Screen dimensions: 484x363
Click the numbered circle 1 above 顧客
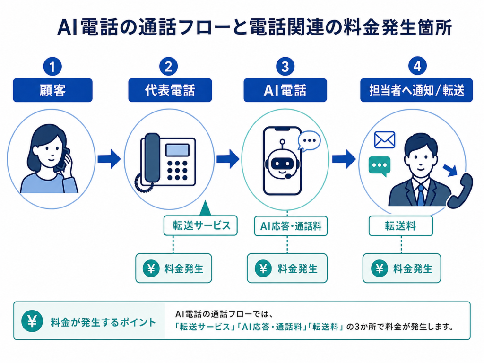tap(52, 66)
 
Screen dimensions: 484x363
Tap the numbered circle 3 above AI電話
tap(285, 66)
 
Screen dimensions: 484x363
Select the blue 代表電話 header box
tap(170, 90)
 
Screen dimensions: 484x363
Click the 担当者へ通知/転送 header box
tap(416, 90)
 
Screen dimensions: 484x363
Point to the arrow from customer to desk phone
tap(109, 159)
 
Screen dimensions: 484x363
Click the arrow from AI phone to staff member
tap(344, 159)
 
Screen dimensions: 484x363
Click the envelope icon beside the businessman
tap(384, 140)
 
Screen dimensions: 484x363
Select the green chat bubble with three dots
tap(380, 166)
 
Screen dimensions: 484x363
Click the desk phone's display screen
tap(177, 150)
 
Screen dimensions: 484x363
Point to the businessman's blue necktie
tap(421, 195)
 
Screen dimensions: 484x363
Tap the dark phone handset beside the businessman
tap(460, 191)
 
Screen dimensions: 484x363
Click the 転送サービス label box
tap(200, 225)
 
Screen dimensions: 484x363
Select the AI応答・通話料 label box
tap(291, 226)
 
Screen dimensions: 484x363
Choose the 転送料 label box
tap(401, 225)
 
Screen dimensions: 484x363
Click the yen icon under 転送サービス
tap(151, 268)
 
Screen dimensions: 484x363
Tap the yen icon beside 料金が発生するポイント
tap(32, 321)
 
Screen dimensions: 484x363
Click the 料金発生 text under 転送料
tap(413, 268)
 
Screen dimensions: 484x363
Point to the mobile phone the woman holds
tap(63, 159)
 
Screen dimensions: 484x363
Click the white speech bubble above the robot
tap(309, 141)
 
